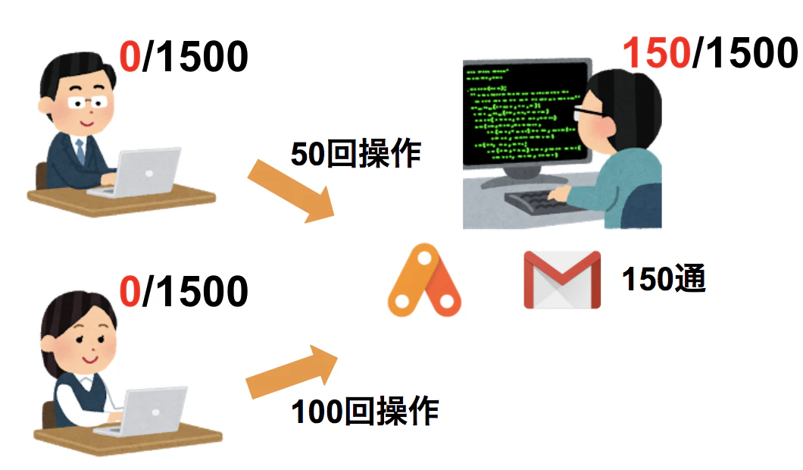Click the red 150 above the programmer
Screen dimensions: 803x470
pos(657,53)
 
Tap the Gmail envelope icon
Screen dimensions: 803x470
pos(562,279)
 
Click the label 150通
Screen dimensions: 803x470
pos(664,279)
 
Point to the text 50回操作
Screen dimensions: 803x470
pos(356,153)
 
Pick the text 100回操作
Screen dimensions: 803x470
pos(364,411)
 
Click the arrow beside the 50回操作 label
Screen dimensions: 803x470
pos(291,191)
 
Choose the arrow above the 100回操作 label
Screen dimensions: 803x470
pos(292,373)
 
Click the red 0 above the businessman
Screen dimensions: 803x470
pos(130,56)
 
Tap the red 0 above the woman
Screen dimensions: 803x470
pos(130,291)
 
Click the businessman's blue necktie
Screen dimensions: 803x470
pos(80,150)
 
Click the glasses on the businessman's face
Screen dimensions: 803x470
pos(88,103)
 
